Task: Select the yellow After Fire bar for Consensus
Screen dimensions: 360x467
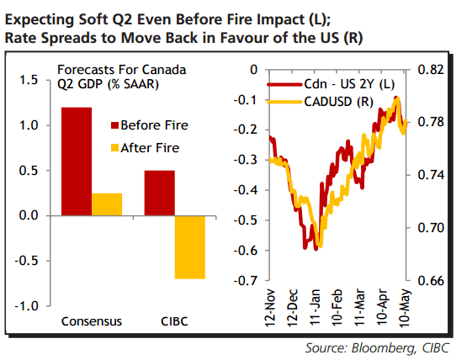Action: (x=108, y=204)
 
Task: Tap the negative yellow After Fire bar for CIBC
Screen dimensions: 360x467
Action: (x=190, y=246)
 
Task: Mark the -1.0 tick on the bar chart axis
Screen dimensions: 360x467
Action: (x=26, y=305)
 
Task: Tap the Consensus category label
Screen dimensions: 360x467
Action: (x=93, y=321)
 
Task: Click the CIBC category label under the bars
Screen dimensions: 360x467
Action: (x=175, y=321)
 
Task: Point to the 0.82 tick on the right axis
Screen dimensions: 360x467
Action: (x=427, y=70)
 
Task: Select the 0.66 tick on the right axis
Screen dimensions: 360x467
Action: (x=427, y=280)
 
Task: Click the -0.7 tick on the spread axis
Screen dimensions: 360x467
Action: (x=246, y=280)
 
